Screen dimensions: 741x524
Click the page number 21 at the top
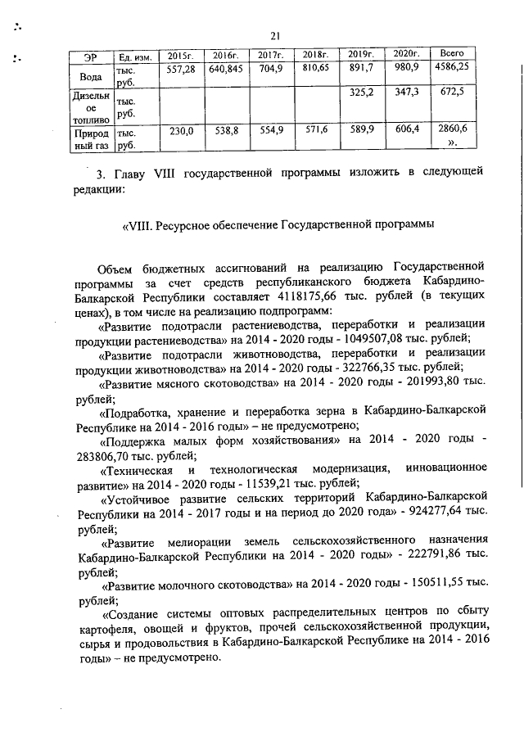(x=274, y=34)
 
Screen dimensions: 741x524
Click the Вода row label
(x=88, y=76)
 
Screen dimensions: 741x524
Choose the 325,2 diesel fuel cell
(x=361, y=93)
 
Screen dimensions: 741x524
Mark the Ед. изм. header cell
(x=131, y=56)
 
